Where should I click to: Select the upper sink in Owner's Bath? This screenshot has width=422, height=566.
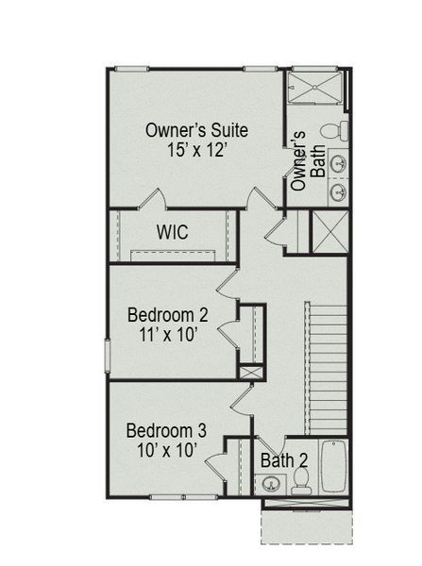pyautogui.click(x=337, y=163)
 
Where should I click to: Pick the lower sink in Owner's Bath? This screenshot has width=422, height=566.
pyautogui.click(x=337, y=193)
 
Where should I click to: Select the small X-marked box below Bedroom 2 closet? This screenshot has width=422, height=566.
pyautogui.click(x=250, y=372)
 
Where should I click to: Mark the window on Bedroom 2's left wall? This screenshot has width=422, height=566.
pyautogui.click(x=107, y=357)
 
